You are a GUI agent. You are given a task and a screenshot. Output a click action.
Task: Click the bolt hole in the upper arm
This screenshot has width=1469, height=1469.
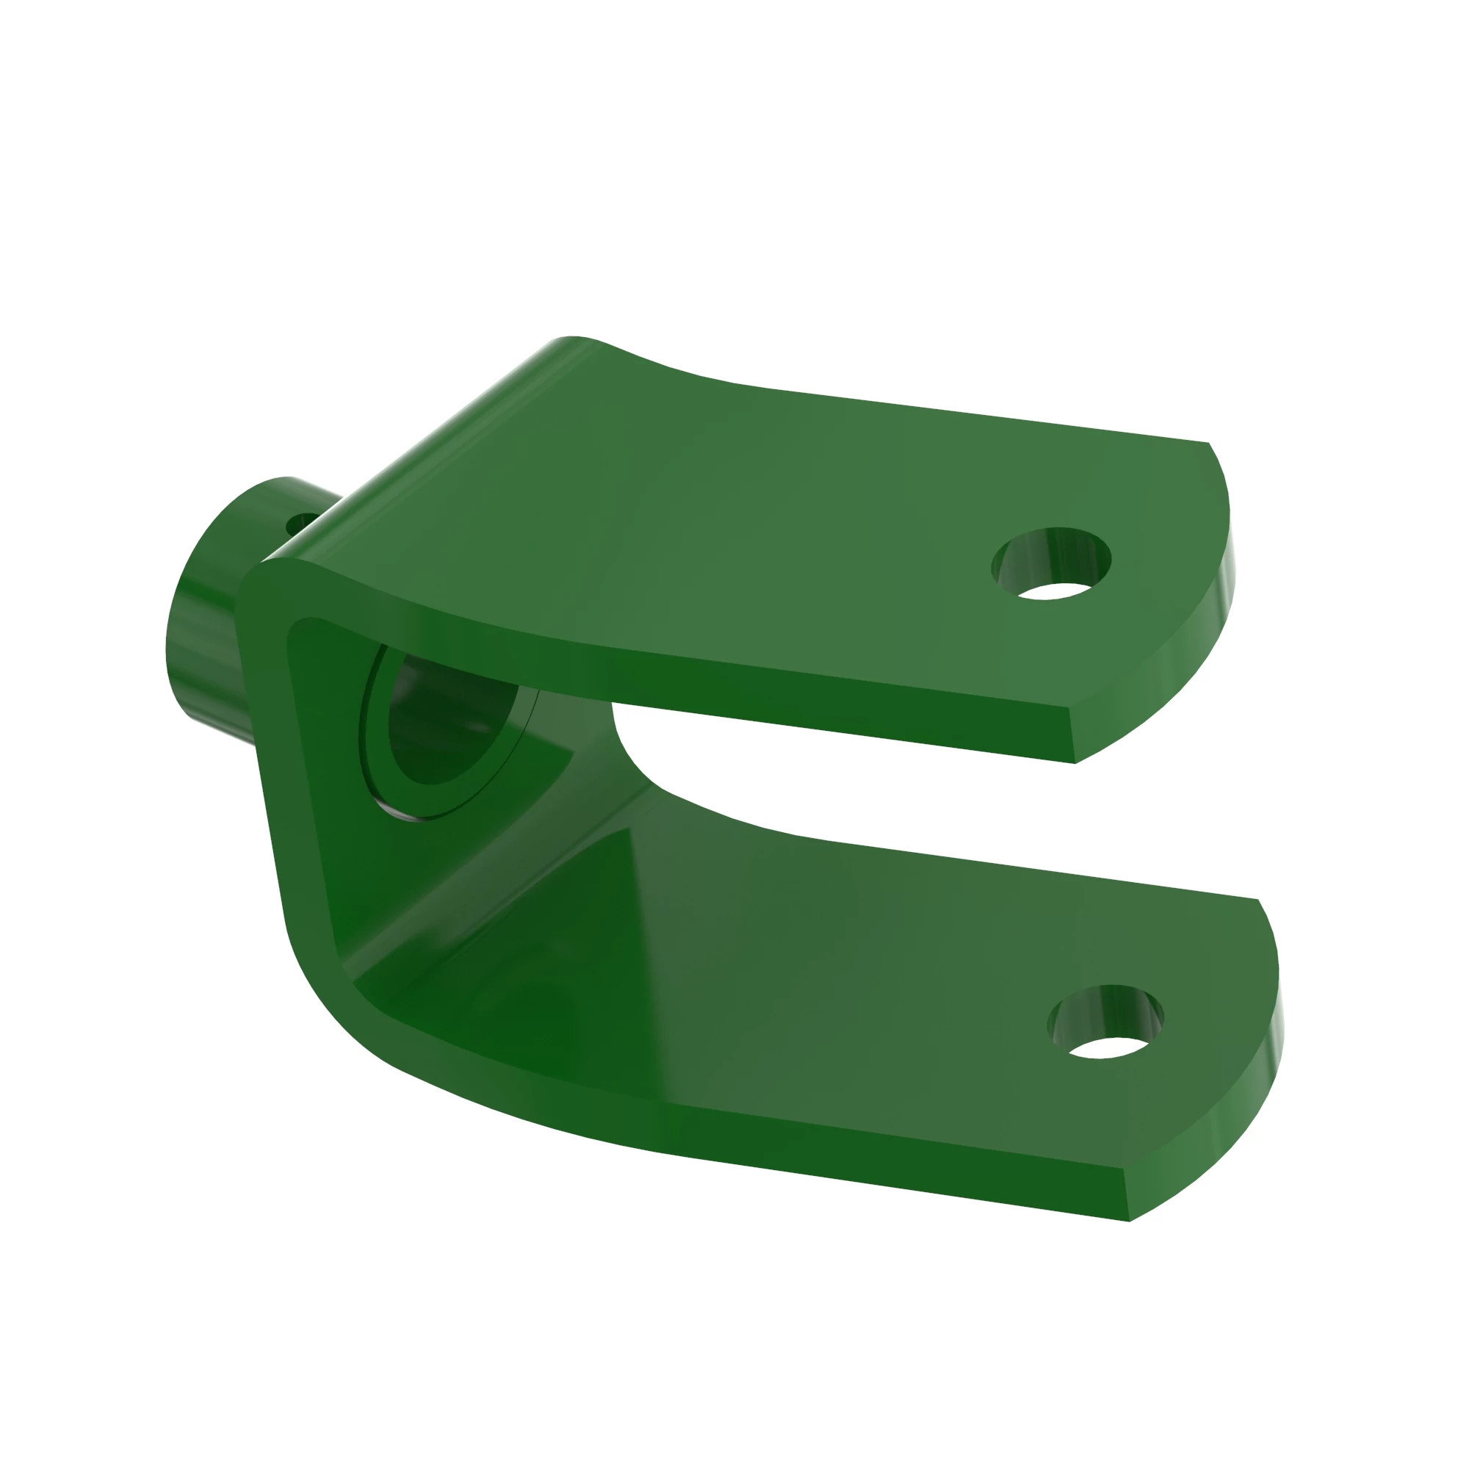[1052, 563]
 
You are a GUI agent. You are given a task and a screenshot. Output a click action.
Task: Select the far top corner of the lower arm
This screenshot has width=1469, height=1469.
[1258, 900]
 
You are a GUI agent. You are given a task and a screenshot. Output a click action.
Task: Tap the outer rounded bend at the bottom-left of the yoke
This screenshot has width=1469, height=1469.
[334, 1011]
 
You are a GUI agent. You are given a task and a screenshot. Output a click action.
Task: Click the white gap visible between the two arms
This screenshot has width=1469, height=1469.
[874, 791]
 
